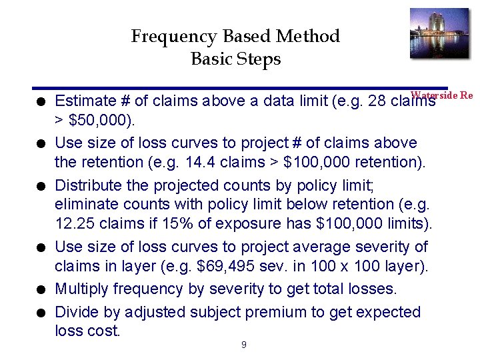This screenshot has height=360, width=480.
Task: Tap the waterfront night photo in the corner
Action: point(439,33)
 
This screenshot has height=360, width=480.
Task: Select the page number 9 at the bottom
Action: point(243,345)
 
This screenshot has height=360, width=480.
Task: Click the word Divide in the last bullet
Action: point(75,312)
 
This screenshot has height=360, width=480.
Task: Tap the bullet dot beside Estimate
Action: point(41,101)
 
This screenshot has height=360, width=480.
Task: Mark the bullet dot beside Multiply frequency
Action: point(41,289)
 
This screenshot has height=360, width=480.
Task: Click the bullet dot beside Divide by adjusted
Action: point(41,313)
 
